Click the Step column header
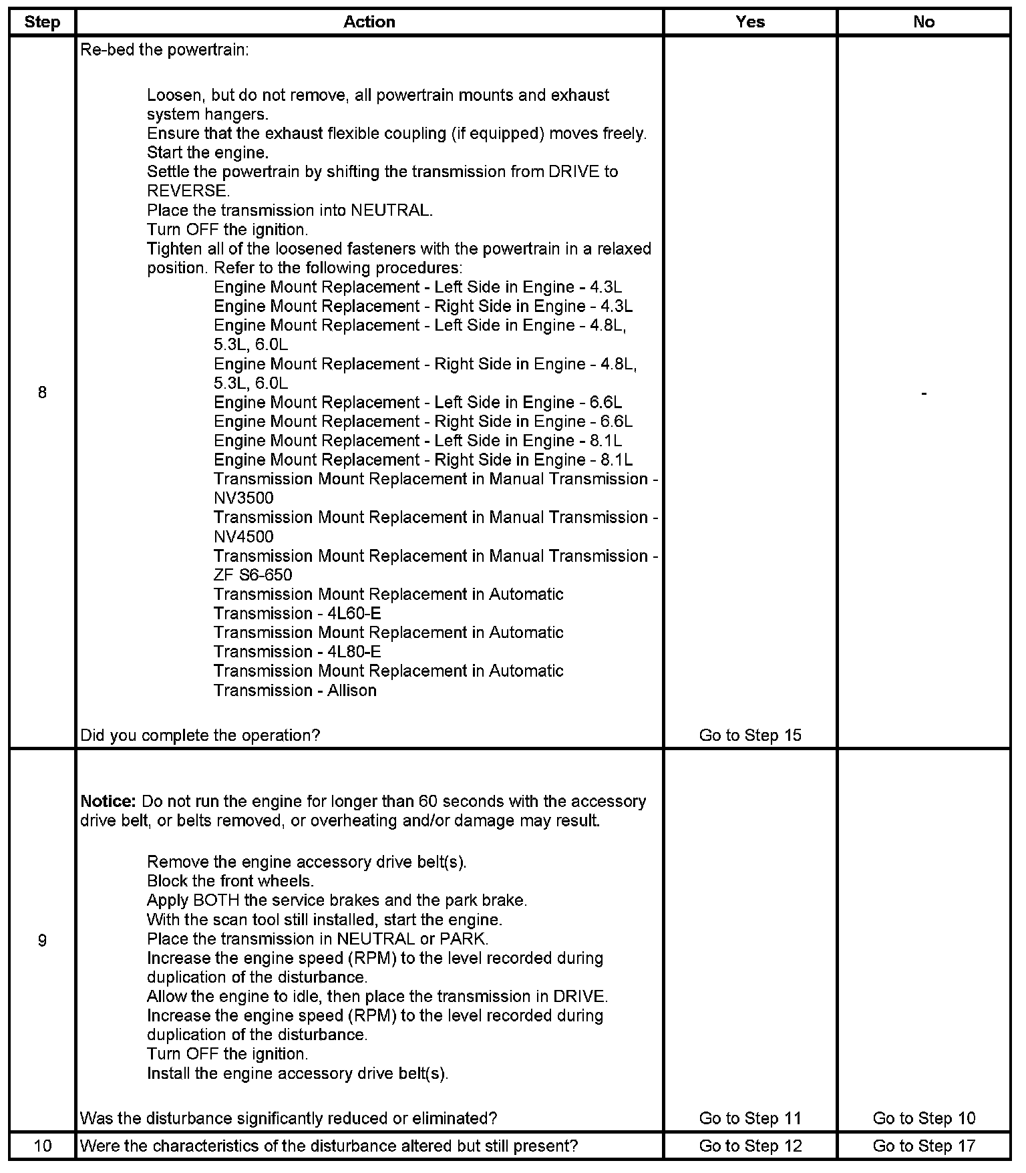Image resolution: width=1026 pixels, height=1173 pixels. (x=42, y=22)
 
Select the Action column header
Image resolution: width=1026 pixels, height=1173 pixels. (x=369, y=22)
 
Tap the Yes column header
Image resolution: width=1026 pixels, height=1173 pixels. (x=750, y=22)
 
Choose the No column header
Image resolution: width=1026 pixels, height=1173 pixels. (x=924, y=22)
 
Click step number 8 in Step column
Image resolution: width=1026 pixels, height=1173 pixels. (x=42, y=393)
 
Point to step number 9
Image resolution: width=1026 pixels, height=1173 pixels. (x=42, y=941)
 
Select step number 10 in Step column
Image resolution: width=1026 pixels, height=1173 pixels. (x=42, y=1146)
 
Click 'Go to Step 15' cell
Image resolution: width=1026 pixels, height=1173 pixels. (x=750, y=735)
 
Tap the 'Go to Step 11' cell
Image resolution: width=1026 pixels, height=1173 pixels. (x=750, y=1118)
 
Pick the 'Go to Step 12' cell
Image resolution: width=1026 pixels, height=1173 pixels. (x=750, y=1146)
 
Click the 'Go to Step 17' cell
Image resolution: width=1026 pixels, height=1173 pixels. (x=924, y=1146)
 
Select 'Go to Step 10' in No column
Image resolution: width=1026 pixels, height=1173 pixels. (x=924, y=1118)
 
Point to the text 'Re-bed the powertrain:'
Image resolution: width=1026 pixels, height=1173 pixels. (x=164, y=50)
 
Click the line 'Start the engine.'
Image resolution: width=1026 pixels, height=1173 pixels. (x=208, y=153)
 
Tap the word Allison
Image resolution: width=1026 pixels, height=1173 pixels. (x=352, y=691)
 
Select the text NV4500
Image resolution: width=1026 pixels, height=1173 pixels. (x=244, y=537)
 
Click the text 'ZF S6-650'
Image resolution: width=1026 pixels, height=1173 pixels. (x=253, y=575)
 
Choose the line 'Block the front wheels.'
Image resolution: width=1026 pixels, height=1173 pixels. (x=230, y=881)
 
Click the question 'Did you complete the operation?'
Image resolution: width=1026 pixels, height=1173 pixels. (x=200, y=735)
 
